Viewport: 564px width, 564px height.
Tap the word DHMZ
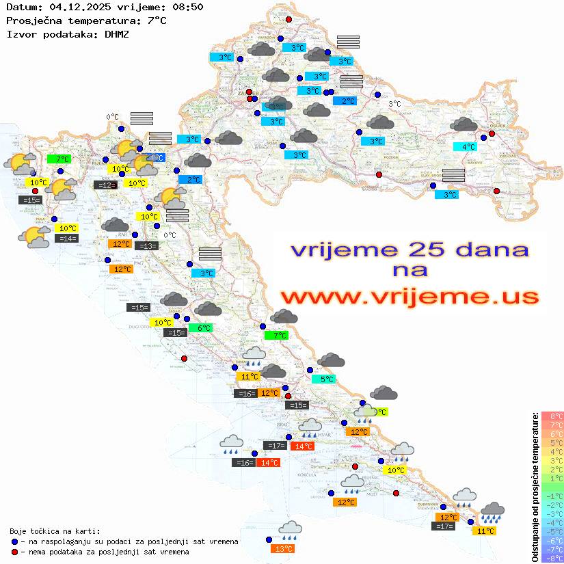pos(117,33)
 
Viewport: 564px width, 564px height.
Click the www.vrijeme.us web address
pos(409,297)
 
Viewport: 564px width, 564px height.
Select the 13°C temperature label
pos(283,548)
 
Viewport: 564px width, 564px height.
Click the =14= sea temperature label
pos(67,238)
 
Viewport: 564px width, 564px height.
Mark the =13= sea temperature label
pos(146,245)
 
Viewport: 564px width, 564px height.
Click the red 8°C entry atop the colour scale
pos(552,416)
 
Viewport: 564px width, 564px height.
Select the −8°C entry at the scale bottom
pos(552,558)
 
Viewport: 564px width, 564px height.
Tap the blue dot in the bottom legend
pos(14,541)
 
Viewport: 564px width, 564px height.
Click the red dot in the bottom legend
pos(14,552)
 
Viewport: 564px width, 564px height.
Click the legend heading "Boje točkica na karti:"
pos(55,531)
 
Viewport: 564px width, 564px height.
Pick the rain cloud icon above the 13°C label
pos(291,528)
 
